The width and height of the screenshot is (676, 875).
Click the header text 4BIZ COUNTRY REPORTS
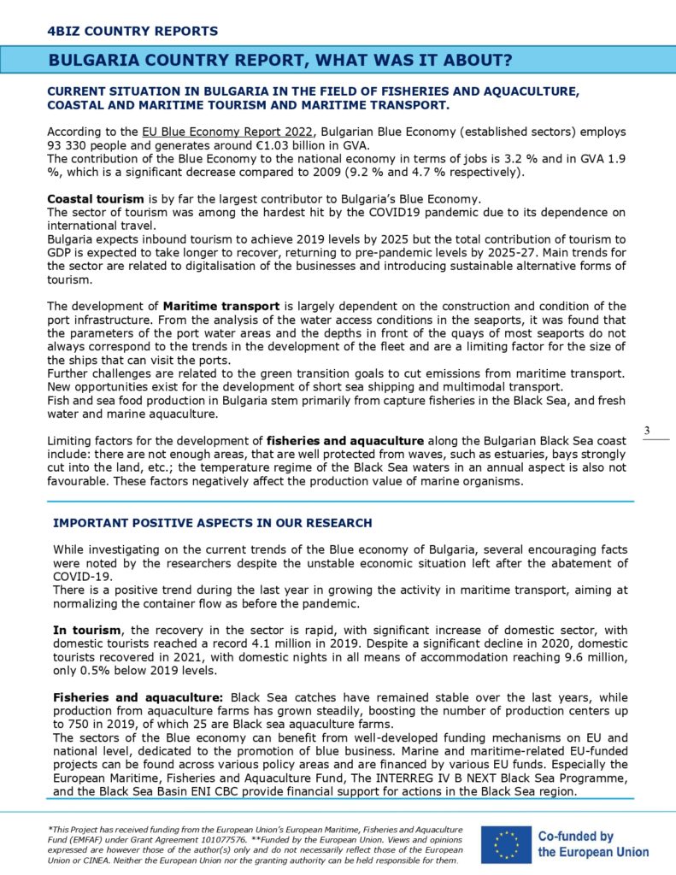[x=132, y=32]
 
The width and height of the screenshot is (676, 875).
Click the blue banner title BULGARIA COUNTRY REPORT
[x=280, y=60]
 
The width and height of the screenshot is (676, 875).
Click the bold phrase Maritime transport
[x=215, y=306]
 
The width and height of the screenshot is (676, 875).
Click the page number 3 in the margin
[x=647, y=430]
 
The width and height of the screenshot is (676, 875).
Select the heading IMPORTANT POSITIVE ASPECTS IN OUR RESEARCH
[x=213, y=522]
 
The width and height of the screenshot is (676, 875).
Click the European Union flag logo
[x=505, y=843]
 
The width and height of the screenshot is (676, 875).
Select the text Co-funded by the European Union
[x=593, y=844]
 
